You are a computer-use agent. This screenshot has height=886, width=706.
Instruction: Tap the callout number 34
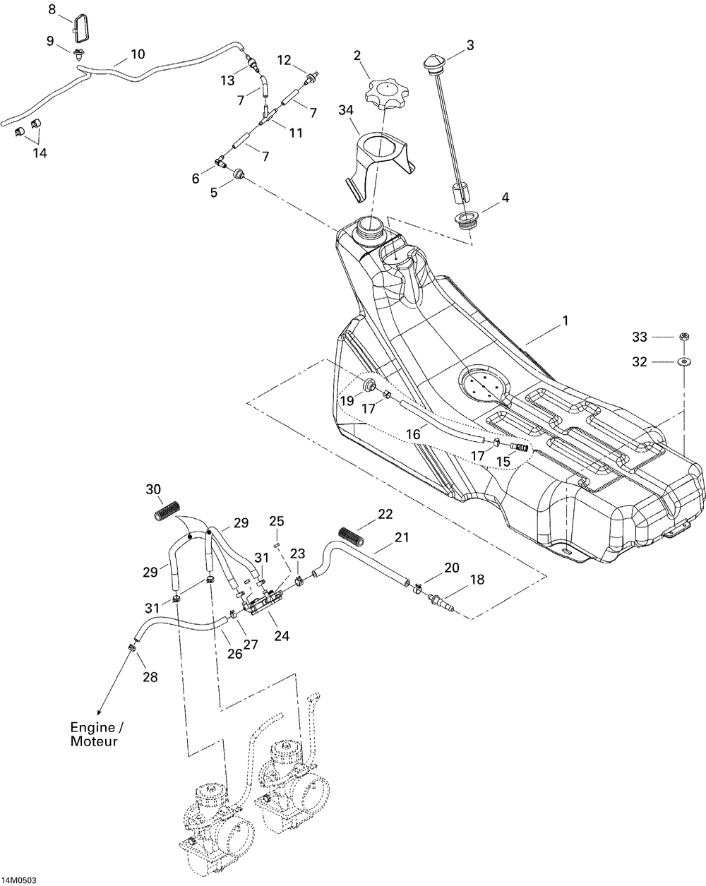coord(346,110)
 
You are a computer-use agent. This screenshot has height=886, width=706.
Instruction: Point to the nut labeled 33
coord(684,336)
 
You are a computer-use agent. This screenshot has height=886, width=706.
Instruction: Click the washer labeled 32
coord(685,362)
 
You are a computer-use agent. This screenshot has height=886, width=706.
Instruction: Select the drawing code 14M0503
coord(19,880)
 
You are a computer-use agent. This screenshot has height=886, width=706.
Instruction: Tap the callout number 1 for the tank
coord(566,321)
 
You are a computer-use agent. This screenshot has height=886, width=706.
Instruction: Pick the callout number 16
coord(413,434)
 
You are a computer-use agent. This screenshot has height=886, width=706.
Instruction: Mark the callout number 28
coord(150,676)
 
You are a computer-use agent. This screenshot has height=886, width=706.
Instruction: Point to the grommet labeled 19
coord(369,385)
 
